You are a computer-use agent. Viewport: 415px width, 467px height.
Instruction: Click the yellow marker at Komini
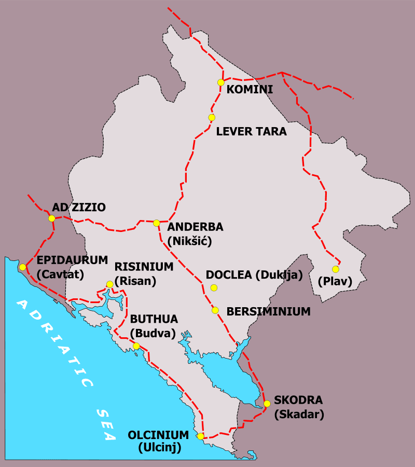(x=221, y=83)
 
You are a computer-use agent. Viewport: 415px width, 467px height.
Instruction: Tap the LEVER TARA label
(x=251, y=132)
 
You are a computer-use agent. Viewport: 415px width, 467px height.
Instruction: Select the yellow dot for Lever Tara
(x=212, y=118)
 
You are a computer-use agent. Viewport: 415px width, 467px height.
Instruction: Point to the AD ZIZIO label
(x=79, y=208)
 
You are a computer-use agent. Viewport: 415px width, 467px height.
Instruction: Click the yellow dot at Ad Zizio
(x=51, y=218)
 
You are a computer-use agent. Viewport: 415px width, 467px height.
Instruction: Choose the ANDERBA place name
(x=195, y=227)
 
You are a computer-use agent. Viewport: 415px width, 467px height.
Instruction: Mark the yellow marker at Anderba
(x=156, y=223)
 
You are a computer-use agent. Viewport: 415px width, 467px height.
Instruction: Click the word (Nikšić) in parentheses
(x=190, y=240)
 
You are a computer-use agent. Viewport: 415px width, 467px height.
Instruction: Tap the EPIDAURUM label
(x=72, y=260)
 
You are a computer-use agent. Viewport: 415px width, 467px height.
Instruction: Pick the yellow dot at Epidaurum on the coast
(x=22, y=267)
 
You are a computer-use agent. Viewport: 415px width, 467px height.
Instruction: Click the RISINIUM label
(x=144, y=267)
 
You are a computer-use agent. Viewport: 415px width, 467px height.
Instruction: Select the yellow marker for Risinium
(x=109, y=284)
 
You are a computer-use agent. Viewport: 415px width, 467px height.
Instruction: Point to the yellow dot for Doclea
(x=213, y=288)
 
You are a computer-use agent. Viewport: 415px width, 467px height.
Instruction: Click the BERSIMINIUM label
(x=269, y=312)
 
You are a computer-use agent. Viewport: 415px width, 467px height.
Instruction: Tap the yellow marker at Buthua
(x=136, y=346)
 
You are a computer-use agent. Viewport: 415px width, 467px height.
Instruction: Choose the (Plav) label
(x=335, y=282)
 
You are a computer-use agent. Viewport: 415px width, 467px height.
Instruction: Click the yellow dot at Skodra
(x=267, y=404)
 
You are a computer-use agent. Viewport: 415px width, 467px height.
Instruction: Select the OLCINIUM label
(x=158, y=435)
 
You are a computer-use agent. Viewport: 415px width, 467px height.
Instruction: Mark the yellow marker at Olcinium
(x=200, y=436)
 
